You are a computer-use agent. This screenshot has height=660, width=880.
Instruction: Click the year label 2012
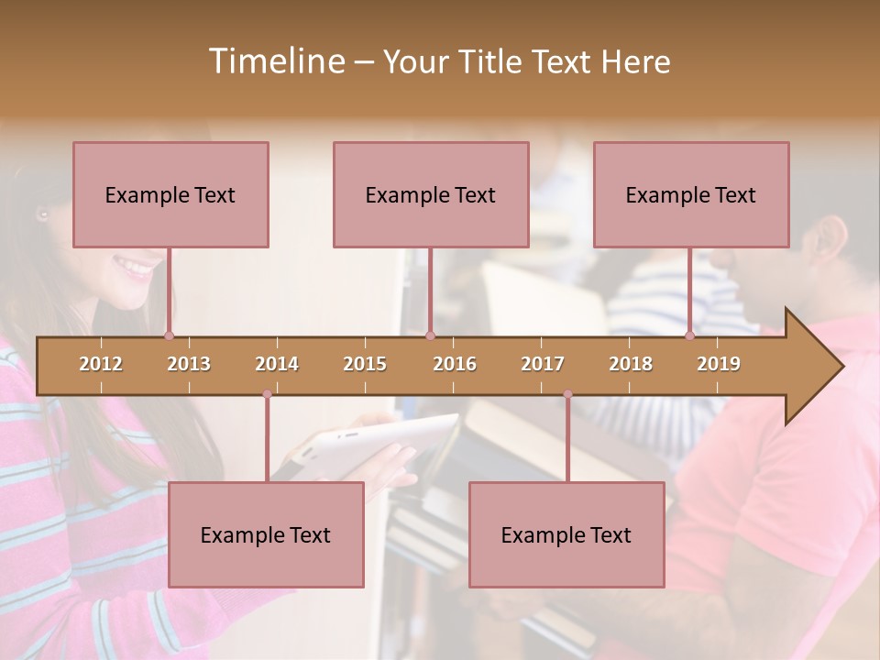[101, 364]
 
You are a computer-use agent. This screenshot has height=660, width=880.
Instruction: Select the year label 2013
[189, 364]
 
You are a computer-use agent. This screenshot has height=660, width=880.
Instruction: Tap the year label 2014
[277, 364]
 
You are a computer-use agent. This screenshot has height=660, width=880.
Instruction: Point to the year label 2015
[365, 364]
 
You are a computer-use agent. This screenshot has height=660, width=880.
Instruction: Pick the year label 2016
[455, 364]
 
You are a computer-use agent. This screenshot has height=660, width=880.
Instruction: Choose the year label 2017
[543, 364]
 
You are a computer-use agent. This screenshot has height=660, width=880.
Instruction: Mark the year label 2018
[631, 364]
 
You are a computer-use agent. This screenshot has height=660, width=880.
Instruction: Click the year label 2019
[719, 364]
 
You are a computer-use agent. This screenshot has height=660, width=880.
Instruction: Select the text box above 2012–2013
[170, 194]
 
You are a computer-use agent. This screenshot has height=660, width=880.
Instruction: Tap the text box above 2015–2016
[431, 194]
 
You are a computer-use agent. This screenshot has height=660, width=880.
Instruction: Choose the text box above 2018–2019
[691, 194]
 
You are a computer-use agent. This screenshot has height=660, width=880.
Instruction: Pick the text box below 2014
[266, 534]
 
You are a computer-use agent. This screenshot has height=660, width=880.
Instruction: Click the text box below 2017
[566, 534]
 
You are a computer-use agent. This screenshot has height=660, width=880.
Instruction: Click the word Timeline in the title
[275, 61]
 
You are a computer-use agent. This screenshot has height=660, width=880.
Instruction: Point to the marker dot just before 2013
[169, 335]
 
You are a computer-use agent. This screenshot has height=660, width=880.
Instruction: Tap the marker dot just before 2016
[430, 335]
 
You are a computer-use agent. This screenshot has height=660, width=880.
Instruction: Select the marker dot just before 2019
[690, 335]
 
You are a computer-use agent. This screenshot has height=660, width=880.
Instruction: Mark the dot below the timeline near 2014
[267, 394]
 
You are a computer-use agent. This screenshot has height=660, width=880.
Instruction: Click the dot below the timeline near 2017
[567, 394]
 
